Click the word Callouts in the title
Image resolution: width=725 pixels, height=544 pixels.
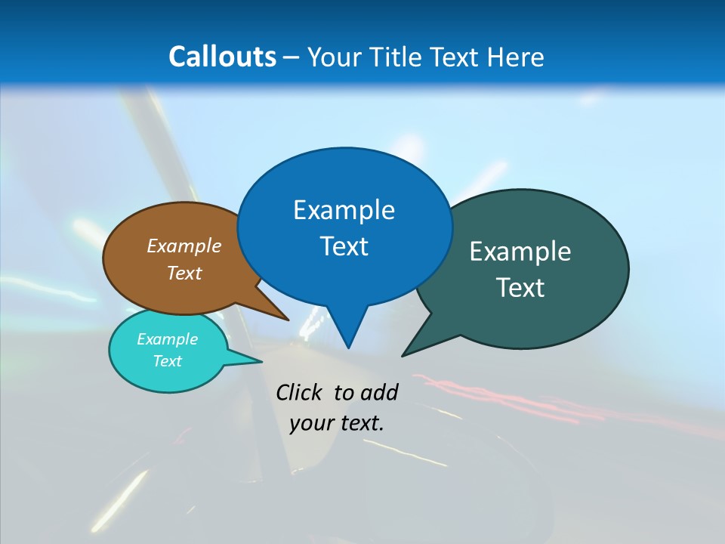pos(222,57)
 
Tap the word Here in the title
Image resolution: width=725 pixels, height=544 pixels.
pos(516,57)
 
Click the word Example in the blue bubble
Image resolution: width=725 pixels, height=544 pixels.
pos(344,210)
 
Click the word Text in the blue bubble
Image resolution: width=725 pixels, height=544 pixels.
pos(344,246)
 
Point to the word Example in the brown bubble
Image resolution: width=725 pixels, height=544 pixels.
pos(184,246)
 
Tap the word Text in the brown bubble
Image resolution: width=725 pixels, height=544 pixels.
pos(184,273)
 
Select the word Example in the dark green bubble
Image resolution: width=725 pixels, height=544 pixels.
pos(520,252)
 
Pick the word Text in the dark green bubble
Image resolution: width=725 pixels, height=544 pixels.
pos(521,288)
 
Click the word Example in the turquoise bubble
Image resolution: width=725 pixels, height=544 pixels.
pos(168,339)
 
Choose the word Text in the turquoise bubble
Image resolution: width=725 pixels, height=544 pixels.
pos(168,361)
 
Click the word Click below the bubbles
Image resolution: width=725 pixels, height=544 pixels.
pos(301,392)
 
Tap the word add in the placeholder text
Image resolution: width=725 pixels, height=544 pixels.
pos(379,392)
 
